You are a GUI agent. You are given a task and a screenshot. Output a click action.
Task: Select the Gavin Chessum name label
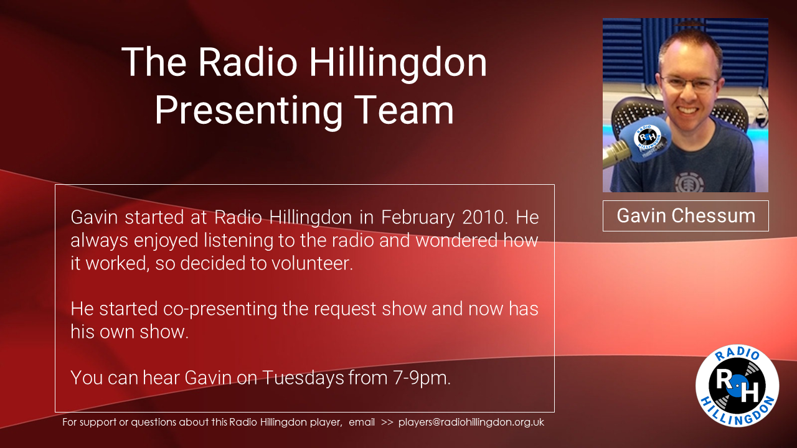pos(686,216)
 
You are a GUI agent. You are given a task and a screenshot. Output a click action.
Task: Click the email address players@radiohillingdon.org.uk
pos(471,422)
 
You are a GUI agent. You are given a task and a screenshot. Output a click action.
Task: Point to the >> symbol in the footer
pos(387,422)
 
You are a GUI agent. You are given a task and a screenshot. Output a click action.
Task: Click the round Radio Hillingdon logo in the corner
pos(737,386)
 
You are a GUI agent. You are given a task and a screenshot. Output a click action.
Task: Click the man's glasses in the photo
pos(689,83)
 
